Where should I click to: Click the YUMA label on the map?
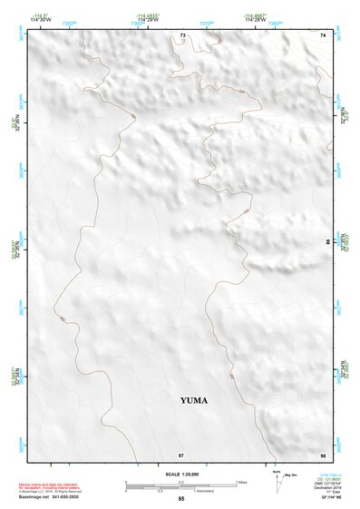coord(194,399)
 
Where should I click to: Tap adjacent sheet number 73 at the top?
coord(182,34)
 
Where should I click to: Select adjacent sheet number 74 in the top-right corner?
coord(323,34)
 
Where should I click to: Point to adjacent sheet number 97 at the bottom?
coord(181,454)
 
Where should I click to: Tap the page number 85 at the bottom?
coord(181,499)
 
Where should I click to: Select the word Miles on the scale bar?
coord(241,482)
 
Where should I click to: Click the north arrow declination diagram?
coord(277,481)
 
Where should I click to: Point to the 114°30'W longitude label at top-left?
coord(39,20)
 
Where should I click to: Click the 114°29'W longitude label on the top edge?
coord(148,20)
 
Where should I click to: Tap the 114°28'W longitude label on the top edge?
coord(255,20)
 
